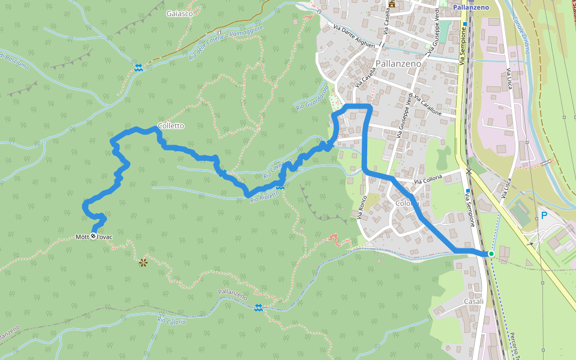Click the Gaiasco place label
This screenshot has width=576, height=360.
pos(181,13)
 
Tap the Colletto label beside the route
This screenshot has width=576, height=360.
pos(171,126)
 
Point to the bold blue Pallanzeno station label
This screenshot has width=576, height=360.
pos(471,7)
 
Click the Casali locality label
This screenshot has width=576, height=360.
pos(474,301)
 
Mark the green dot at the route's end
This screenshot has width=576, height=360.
pos(491,254)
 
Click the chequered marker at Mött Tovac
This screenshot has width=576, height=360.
pos(93,236)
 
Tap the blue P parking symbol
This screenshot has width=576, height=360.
pos(544,215)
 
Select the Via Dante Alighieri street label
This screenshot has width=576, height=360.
pos(354,37)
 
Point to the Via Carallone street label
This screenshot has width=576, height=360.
pos(427,106)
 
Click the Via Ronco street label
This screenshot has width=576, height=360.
pos(362,207)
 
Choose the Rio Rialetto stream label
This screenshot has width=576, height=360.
pos(265,196)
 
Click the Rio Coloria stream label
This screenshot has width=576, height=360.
pos(172,321)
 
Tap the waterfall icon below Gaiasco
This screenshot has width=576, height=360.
pos(139,68)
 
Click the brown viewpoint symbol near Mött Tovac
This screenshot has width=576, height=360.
pos(143,262)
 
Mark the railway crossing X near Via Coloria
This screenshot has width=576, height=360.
pos(469,172)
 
